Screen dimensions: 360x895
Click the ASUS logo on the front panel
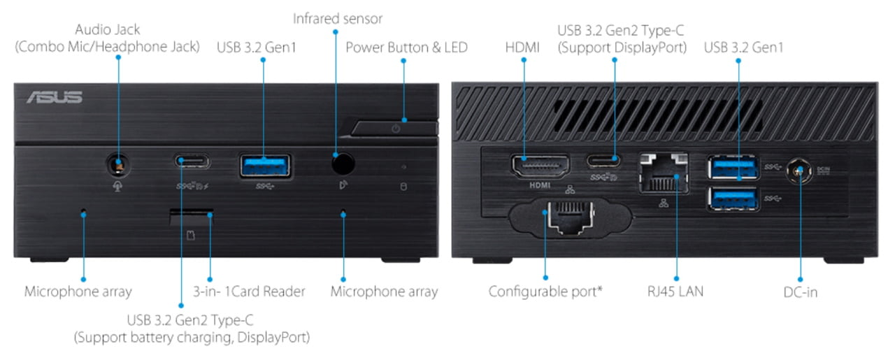pyautogui.click(x=55, y=97)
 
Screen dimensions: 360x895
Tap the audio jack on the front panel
pyautogui.click(x=119, y=165)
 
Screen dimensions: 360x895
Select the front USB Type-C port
pyautogui.click(x=191, y=163)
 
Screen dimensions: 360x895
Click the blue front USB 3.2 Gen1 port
pyautogui.click(x=265, y=165)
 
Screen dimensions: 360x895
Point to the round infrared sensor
pyautogui.click(x=342, y=164)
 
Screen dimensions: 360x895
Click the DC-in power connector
pyautogui.click(x=796, y=170)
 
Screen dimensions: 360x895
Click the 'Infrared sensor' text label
pyautogui.click(x=338, y=18)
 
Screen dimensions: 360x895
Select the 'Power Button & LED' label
pyautogui.click(x=406, y=48)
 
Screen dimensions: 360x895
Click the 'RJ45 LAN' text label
pyautogui.click(x=675, y=291)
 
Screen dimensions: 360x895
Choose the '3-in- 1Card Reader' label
pyautogui.click(x=249, y=291)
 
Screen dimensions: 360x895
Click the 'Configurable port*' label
pyautogui.click(x=545, y=291)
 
